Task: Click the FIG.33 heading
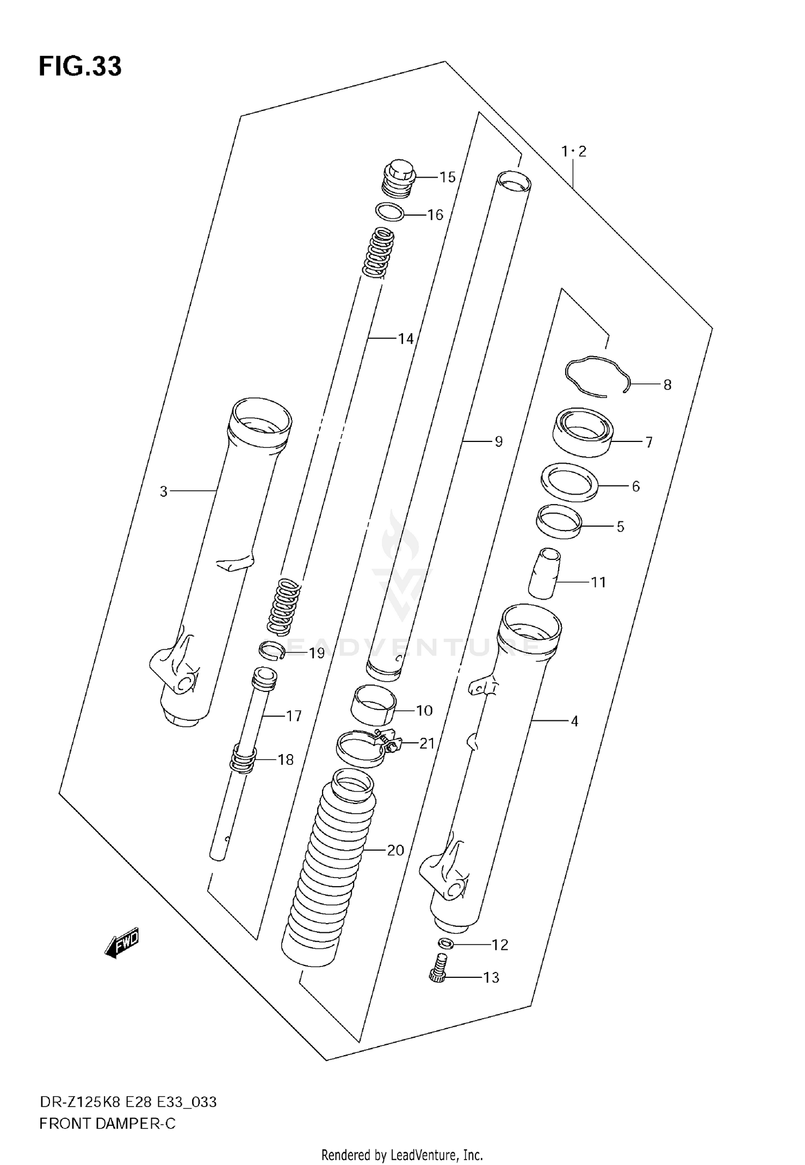point(80,67)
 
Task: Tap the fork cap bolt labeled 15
point(398,176)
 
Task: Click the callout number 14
point(406,338)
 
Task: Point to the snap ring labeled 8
point(596,376)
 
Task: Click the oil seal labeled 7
point(583,432)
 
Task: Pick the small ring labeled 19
point(272,651)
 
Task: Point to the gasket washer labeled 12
point(445,943)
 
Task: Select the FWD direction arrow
point(122,942)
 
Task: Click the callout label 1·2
point(574,152)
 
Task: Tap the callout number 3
point(164,491)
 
